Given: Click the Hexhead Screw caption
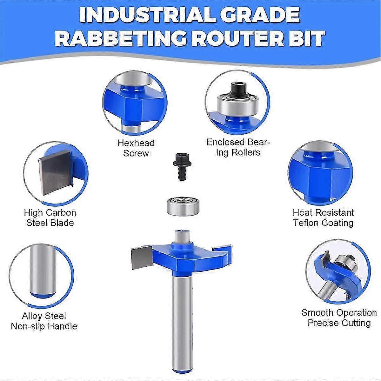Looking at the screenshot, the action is tap(136, 148).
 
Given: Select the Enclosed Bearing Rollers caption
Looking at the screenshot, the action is tap(238, 147).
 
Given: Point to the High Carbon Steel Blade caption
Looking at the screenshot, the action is tap(50, 218).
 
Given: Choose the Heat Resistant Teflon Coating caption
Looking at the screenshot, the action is tap(323, 218).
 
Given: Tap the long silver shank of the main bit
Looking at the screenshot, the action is tap(182, 322).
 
